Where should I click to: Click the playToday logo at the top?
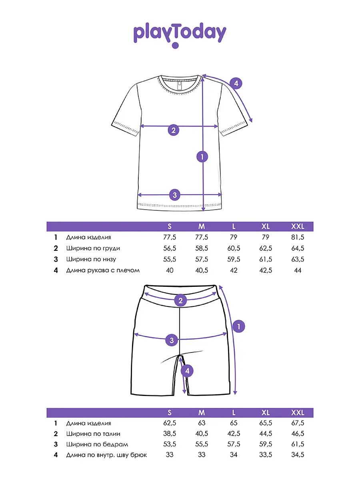(x=180, y=35)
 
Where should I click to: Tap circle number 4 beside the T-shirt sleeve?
(x=236, y=84)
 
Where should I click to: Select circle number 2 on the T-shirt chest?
(x=173, y=130)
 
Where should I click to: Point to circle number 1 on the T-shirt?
(x=203, y=156)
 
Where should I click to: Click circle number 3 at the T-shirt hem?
(x=174, y=195)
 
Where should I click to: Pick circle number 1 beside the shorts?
(x=239, y=326)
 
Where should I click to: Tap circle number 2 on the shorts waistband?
(x=180, y=300)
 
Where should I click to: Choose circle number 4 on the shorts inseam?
(x=187, y=371)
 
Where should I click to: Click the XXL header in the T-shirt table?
(x=298, y=226)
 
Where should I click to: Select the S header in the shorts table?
(x=170, y=412)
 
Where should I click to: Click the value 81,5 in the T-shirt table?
(x=298, y=238)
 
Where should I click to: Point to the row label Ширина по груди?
(x=93, y=248)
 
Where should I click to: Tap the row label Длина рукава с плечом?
(x=103, y=270)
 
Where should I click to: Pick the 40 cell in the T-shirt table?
(x=170, y=270)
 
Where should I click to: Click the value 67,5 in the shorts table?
(x=298, y=423)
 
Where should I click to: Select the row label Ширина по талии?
(x=93, y=434)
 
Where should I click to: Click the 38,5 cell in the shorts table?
(x=170, y=434)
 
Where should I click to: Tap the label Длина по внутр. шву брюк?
(x=106, y=455)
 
